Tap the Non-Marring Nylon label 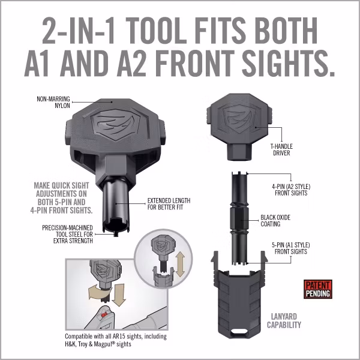coord(54,101)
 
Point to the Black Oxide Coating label coord(279,221)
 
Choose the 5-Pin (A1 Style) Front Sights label coord(284,248)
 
